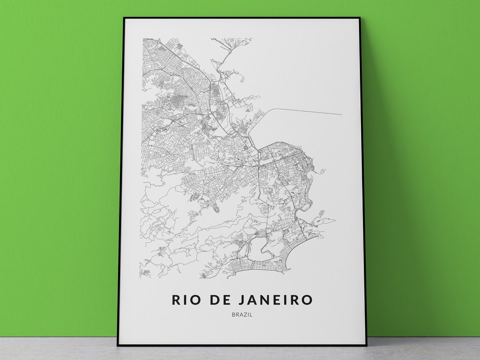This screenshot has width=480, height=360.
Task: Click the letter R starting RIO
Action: click(x=176, y=300)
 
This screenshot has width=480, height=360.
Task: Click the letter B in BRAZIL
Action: click(x=233, y=315)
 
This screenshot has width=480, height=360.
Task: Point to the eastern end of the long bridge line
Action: click(x=341, y=114)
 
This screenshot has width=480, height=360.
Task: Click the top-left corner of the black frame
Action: click(x=124, y=18)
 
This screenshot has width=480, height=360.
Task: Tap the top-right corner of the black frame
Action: click(x=360, y=18)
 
